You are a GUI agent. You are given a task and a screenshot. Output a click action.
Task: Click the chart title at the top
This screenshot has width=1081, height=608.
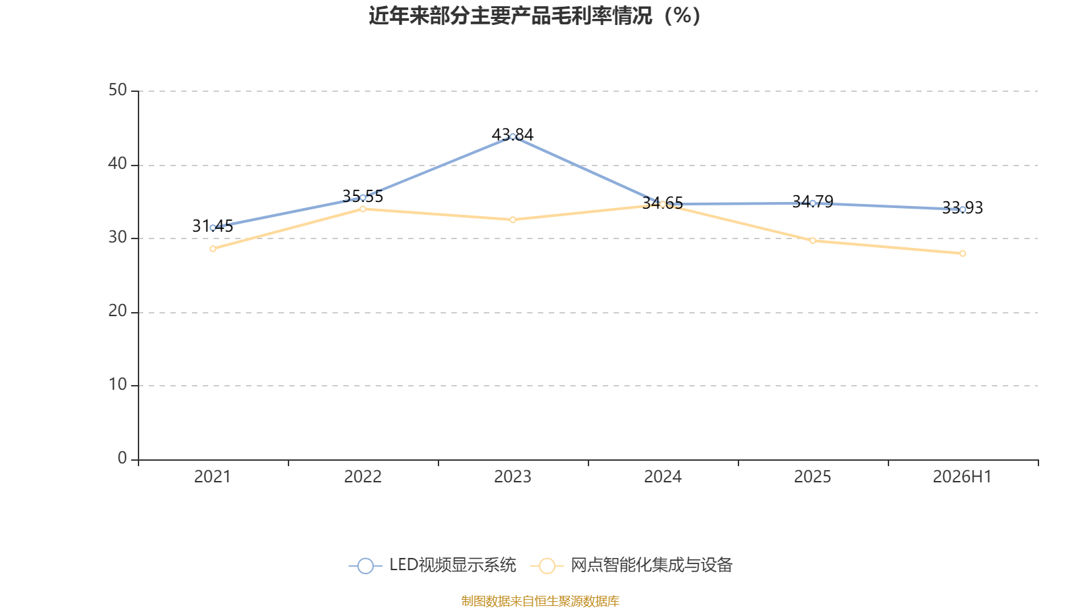pyautogui.click(x=534, y=16)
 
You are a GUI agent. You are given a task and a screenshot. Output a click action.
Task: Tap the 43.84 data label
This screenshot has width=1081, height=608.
pyautogui.click(x=513, y=134)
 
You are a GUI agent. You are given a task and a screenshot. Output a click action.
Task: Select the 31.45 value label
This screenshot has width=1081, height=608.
pyautogui.click(x=212, y=226)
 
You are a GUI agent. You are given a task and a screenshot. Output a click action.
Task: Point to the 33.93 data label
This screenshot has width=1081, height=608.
pyautogui.click(x=962, y=208)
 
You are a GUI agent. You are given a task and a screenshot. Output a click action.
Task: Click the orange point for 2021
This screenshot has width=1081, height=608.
pyautogui.click(x=213, y=249)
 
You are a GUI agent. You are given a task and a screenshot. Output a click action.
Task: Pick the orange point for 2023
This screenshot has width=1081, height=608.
pyautogui.click(x=513, y=220)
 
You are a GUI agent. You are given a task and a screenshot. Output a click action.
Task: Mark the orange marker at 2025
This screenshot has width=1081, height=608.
pyautogui.click(x=813, y=240)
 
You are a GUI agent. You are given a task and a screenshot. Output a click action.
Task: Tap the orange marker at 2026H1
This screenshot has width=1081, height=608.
pyautogui.click(x=962, y=253)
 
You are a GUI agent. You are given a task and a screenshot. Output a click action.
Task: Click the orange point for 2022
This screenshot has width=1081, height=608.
pyautogui.click(x=363, y=209)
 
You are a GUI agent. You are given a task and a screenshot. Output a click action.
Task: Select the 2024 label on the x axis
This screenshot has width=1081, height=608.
pyautogui.click(x=663, y=477)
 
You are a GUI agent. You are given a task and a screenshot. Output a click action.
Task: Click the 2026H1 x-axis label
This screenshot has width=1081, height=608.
pyautogui.click(x=962, y=477)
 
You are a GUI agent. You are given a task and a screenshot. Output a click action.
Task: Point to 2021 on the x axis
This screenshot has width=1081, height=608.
pyautogui.click(x=212, y=477)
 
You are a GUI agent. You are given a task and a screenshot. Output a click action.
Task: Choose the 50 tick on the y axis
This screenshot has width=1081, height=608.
pyautogui.click(x=118, y=90)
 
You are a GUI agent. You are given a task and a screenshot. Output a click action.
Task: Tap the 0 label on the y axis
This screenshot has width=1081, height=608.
pyautogui.click(x=122, y=458)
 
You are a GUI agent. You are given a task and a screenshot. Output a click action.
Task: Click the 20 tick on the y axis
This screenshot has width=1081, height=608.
pyautogui.click(x=118, y=311)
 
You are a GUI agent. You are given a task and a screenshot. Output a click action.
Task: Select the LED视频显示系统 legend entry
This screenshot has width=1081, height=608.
pyautogui.click(x=432, y=565)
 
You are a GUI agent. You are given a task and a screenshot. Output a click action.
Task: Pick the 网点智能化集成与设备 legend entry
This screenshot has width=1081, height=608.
pyautogui.click(x=631, y=565)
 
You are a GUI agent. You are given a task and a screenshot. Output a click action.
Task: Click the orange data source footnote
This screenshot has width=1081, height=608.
pyautogui.click(x=540, y=601)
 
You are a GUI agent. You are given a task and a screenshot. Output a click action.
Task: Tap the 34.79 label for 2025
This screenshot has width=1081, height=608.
pyautogui.click(x=813, y=202)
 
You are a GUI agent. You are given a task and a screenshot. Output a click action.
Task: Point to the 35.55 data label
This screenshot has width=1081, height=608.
pyautogui.click(x=362, y=197)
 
